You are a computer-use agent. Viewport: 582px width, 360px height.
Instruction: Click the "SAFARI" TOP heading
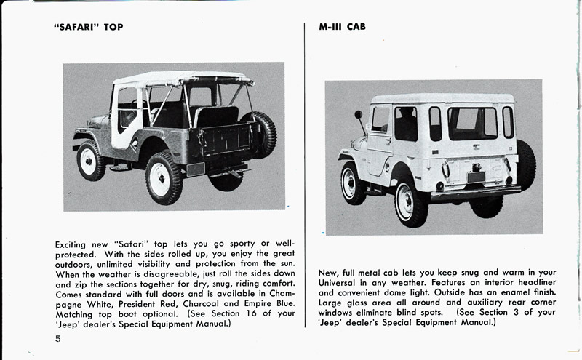coord(89,27)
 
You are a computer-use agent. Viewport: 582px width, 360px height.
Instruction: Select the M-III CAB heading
coord(342,27)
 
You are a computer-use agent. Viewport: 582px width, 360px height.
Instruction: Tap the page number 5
coord(57,339)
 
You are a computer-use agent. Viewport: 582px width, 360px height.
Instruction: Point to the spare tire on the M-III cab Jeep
coord(525,165)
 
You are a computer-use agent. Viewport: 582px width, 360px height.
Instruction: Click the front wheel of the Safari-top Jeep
coord(91,159)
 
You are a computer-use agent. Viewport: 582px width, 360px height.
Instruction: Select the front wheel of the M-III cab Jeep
coord(354,183)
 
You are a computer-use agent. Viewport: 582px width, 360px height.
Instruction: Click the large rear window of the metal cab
coord(472,123)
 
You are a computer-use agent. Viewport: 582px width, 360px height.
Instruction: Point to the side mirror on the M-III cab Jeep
coord(358,115)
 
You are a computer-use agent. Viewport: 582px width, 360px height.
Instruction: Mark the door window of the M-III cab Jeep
coord(380,119)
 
